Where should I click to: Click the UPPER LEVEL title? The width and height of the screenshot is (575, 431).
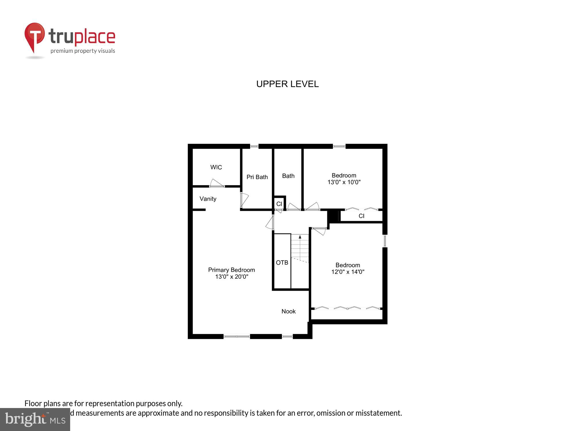287,84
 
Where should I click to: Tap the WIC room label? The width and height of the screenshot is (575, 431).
216,167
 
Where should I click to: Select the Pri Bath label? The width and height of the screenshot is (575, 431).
257,177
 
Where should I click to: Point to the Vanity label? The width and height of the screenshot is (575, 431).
208,199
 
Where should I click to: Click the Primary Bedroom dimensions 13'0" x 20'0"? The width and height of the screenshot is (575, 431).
231,277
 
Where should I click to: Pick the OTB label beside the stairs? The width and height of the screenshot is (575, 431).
282,263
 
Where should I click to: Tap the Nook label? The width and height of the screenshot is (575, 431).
288,311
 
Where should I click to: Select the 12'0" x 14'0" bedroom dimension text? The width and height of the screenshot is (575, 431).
348,272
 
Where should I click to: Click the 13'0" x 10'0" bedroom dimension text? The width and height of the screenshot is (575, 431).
344,182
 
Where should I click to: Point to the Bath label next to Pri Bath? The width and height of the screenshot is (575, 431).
288,176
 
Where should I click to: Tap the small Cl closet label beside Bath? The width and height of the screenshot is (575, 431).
279,204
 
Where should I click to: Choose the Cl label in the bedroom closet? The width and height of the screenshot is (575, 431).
361,216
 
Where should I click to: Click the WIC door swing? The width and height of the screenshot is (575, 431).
217,183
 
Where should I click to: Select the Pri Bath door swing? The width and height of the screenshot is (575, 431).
244,199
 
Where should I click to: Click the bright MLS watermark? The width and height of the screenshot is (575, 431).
35,420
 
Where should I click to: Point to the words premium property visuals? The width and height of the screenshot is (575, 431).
83,51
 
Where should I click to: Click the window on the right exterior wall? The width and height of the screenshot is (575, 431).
385,241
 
